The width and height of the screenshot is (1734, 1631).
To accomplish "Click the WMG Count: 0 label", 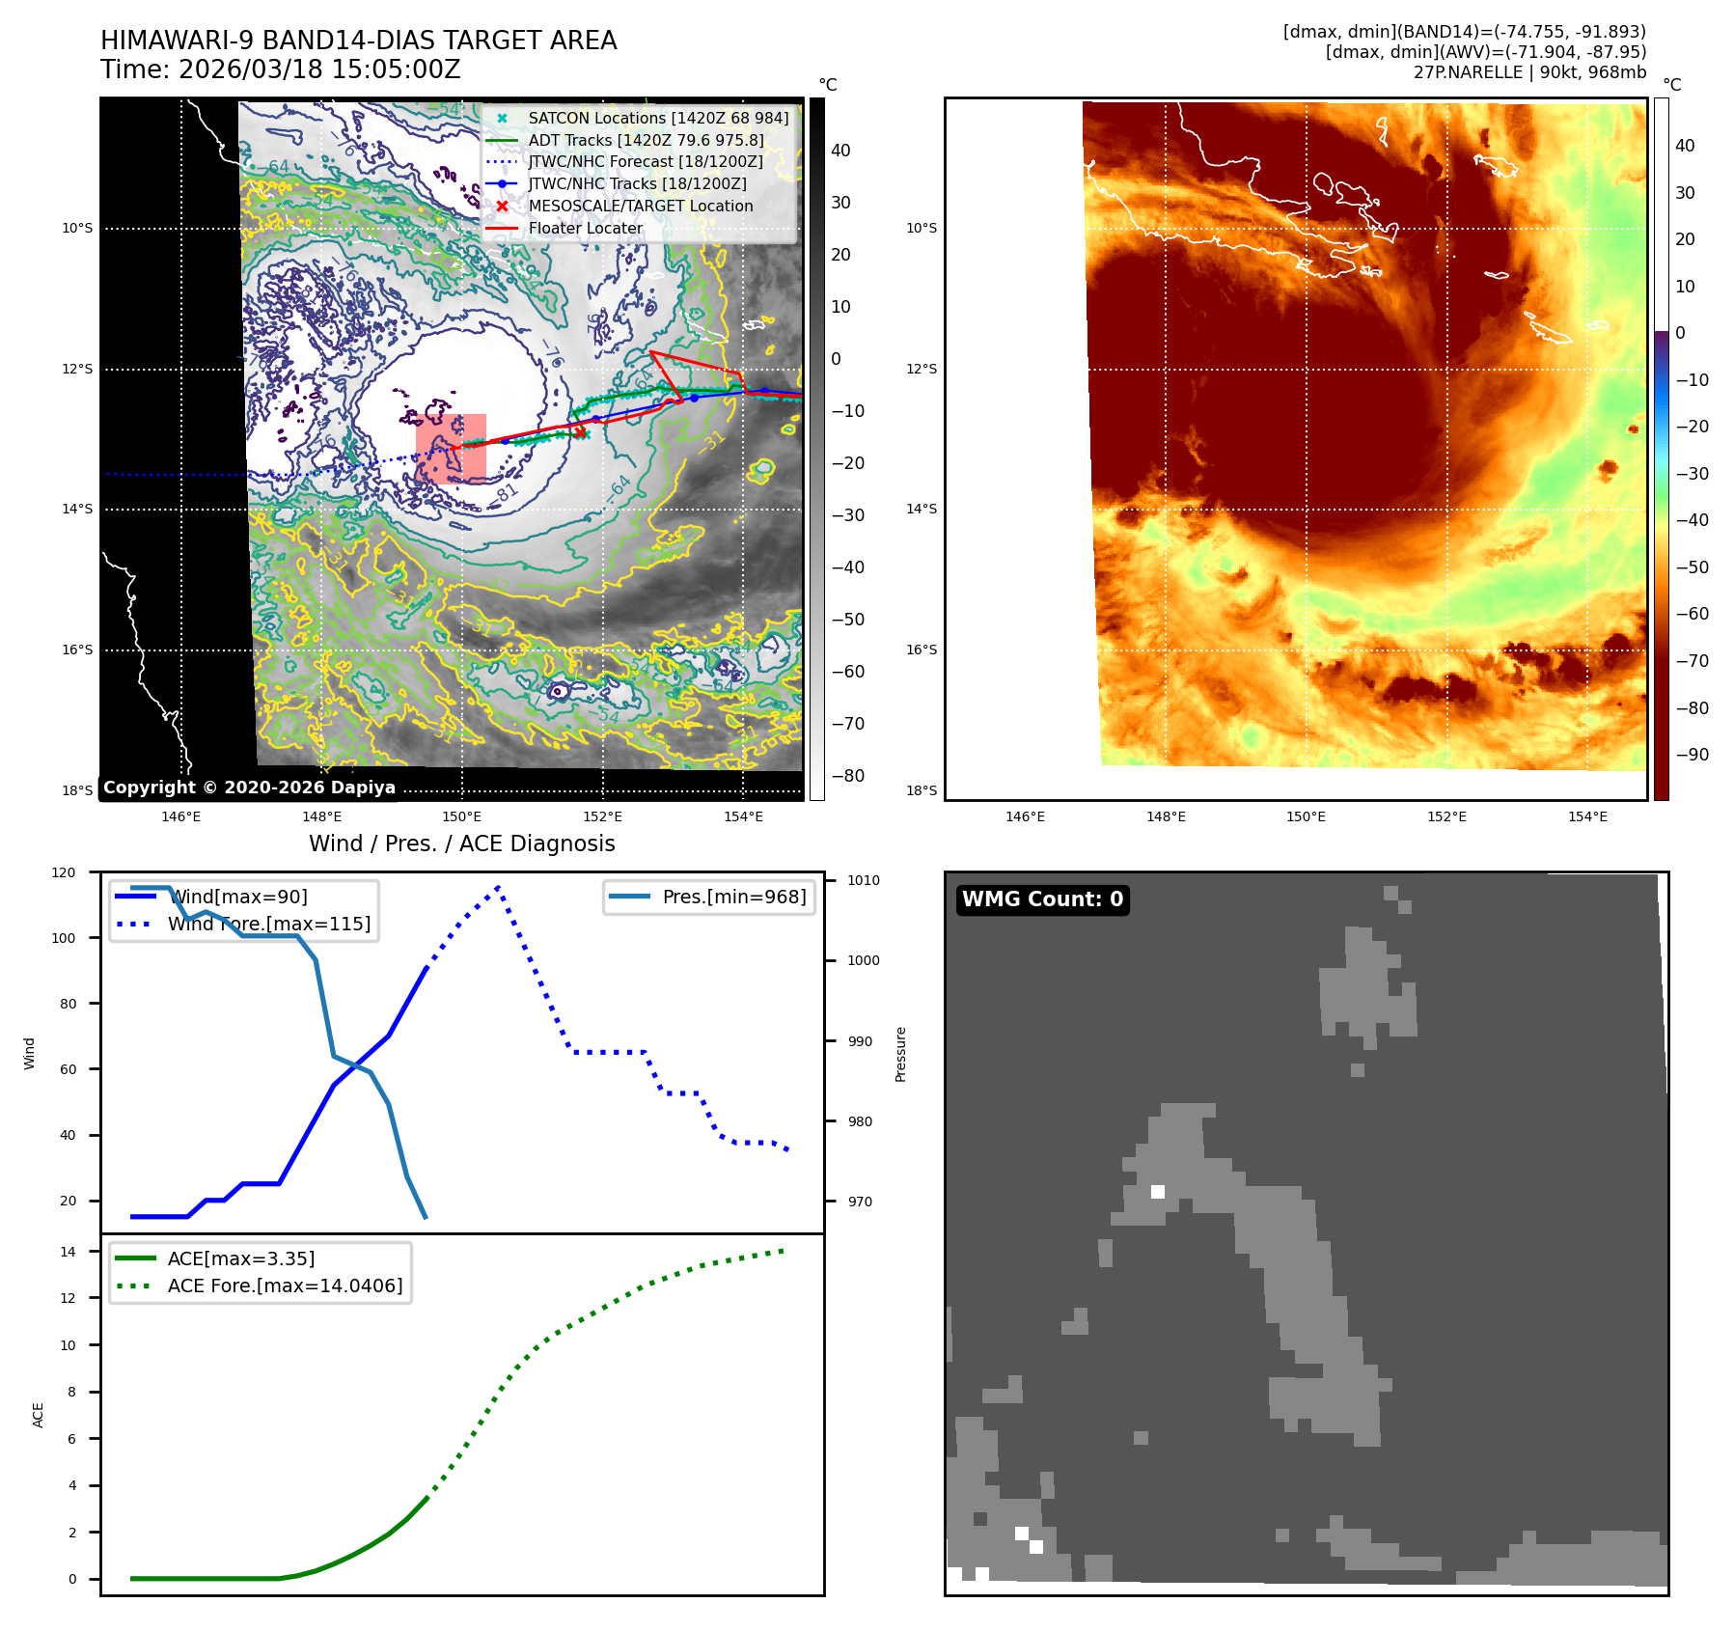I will (x=1042, y=899).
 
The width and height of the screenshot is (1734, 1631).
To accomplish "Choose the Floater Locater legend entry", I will (x=585, y=228).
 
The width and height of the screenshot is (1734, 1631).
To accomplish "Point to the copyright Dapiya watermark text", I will (x=249, y=787).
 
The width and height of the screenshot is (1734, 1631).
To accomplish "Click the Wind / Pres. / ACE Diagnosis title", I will (x=461, y=843).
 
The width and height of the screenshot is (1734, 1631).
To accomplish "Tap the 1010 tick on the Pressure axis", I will (x=864, y=880).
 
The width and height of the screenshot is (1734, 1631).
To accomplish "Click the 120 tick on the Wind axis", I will (x=64, y=872).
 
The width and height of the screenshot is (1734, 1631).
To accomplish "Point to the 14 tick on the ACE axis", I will (x=68, y=1252).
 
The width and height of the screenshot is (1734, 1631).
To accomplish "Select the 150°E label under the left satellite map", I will (x=461, y=816).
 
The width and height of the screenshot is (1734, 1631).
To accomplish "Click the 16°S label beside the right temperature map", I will (x=921, y=650).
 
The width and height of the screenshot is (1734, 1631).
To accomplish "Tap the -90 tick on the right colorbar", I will (x=1692, y=755).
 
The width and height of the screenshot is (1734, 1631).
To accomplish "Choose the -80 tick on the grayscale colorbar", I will (x=848, y=776).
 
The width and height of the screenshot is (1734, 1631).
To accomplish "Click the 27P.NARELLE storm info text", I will (x=1529, y=72).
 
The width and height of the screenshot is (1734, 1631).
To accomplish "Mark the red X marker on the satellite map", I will (x=581, y=432).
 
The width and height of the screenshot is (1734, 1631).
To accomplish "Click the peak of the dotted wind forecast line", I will (x=498, y=886).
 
